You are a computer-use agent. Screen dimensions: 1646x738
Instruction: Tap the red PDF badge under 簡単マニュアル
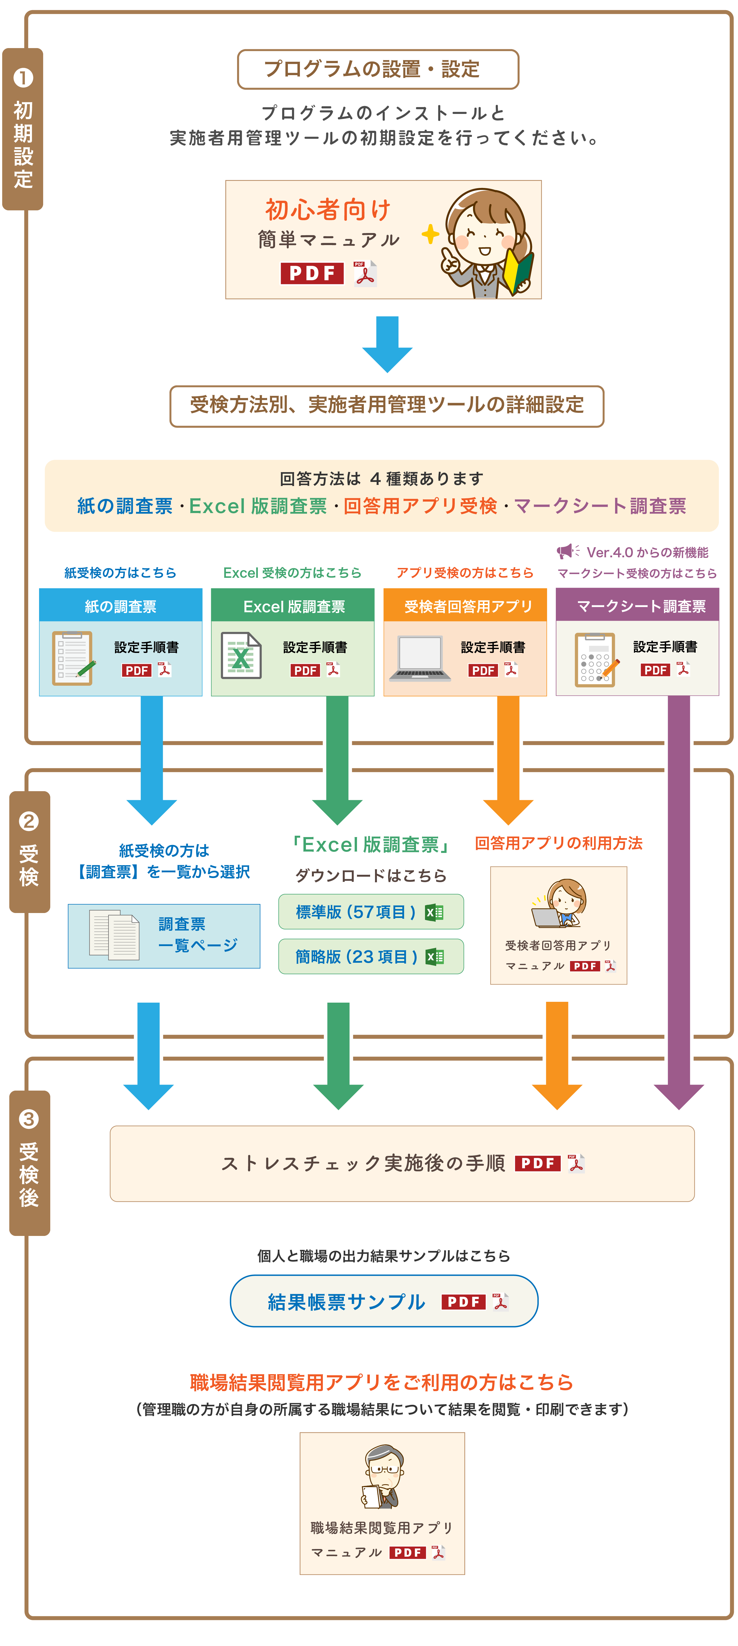tap(312, 273)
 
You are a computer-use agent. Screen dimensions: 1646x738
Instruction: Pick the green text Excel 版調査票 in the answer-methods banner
tap(258, 506)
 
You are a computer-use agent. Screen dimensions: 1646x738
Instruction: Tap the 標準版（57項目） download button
tap(371, 912)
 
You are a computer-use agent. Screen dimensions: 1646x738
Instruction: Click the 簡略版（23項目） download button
tap(371, 956)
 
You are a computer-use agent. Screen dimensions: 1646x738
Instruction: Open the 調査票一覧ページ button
tap(164, 936)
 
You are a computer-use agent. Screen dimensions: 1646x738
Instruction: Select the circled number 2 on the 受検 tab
tap(29, 821)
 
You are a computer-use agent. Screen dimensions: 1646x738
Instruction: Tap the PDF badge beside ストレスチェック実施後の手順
tap(537, 1164)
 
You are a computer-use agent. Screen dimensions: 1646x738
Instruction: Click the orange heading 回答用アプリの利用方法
tap(559, 843)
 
